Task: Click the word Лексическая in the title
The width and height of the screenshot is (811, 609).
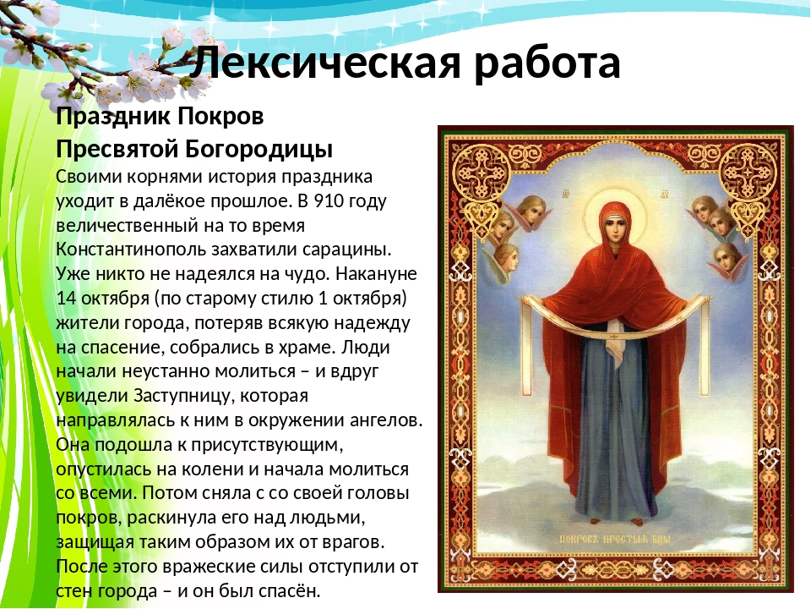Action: (324, 62)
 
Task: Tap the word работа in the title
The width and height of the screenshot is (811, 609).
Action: (547, 62)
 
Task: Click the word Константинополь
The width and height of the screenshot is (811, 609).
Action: (130, 249)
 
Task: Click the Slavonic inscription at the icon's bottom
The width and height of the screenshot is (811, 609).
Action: (616, 539)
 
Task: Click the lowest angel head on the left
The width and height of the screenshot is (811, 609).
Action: (506, 259)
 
